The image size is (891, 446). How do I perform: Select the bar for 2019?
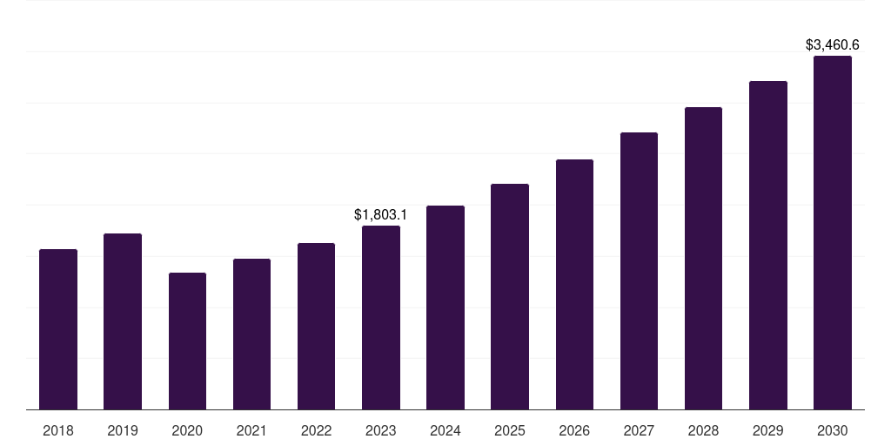coord(123,321)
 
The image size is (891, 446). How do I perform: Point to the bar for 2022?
coord(316,326)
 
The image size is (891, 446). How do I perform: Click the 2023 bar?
coord(380,317)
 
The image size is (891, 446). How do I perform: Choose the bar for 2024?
coord(445,307)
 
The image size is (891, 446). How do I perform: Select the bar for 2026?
coord(574,284)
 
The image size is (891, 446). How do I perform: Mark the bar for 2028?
coord(703,258)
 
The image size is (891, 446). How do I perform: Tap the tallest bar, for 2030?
coord(832,233)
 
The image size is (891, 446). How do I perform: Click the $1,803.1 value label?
coord(380,214)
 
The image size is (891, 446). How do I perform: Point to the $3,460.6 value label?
coord(832,44)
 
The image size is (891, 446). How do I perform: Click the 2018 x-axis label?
coord(58,430)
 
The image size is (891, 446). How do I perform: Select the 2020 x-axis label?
coord(187,430)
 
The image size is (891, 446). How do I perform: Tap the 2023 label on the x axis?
coord(380,430)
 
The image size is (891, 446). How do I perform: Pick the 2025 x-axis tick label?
coord(510,430)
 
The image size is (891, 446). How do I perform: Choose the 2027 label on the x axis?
coord(639,430)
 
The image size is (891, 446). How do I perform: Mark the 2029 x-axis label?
coord(767,430)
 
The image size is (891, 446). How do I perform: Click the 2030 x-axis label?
coord(832,430)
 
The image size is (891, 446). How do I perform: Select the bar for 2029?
coord(767,245)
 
